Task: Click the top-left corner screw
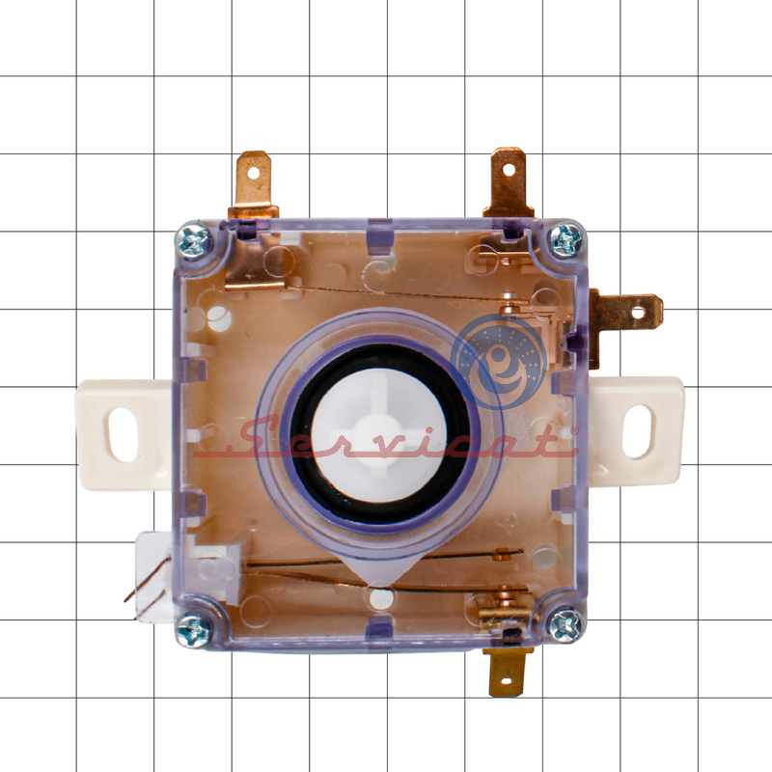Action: click(x=195, y=241)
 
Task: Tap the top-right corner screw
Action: click(x=566, y=240)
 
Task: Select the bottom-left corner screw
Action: click(x=194, y=630)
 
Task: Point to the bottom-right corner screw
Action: click(x=566, y=625)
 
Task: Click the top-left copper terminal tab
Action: click(x=254, y=184)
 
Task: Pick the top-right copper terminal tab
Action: click(x=509, y=182)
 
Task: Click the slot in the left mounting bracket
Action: click(x=124, y=435)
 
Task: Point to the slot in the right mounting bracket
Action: click(x=637, y=431)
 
